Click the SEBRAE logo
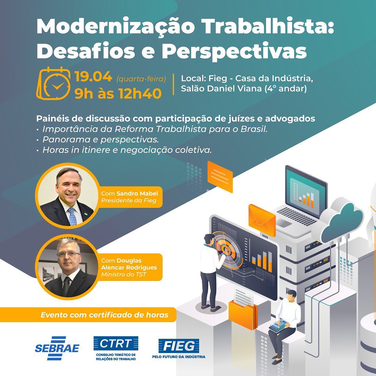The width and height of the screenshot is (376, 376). click(57, 348)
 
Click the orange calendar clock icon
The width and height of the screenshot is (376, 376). click(54, 83)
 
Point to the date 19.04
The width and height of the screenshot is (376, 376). click(93, 77)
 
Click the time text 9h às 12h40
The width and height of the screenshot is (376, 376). click(118, 93)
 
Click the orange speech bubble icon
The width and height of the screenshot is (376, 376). click(220, 176)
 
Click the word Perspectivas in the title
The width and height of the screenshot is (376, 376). click(234, 51)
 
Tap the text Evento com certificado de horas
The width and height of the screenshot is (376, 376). click(104, 315)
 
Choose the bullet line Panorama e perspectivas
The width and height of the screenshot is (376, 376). click(100, 140)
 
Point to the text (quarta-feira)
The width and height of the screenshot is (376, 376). click(141, 79)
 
